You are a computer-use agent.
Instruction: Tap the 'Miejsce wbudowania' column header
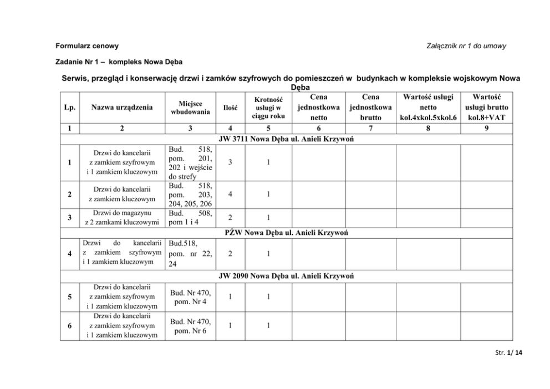(190, 107)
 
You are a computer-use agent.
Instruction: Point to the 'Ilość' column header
(230, 108)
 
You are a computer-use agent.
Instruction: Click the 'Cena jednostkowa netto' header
(319, 107)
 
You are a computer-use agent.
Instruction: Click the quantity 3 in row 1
(230, 163)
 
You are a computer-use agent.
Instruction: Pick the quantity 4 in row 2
(230, 194)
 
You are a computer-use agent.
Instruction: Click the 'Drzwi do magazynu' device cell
(122, 217)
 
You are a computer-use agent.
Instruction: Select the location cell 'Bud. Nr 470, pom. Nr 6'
(190, 326)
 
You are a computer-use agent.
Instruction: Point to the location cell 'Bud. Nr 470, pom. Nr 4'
(190, 297)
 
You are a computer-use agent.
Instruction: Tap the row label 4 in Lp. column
(69, 254)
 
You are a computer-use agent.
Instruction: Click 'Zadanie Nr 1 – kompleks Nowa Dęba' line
(119, 62)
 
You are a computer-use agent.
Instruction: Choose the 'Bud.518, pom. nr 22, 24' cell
(190, 254)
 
